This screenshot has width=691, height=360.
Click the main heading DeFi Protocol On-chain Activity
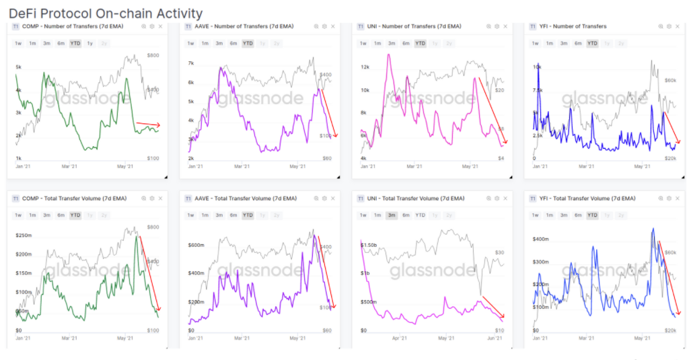(106, 13)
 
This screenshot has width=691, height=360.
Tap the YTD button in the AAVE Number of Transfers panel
(248, 44)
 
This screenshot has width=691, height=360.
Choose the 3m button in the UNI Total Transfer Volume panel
(392, 215)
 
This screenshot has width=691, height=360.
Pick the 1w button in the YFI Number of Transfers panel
(536, 44)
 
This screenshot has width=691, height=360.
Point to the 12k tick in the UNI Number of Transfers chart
(367, 67)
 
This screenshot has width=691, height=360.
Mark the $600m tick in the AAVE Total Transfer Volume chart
(196, 245)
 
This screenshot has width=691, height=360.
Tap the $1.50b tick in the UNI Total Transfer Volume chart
(370, 245)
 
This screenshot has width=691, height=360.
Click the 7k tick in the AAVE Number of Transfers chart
(190, 63)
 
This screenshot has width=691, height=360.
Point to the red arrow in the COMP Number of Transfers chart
(148, 124)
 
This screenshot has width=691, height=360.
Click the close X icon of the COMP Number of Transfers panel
(161, 26)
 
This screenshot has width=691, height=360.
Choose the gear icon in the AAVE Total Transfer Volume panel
(324, 199)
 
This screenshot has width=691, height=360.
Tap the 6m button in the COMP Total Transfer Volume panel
(61, 215)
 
